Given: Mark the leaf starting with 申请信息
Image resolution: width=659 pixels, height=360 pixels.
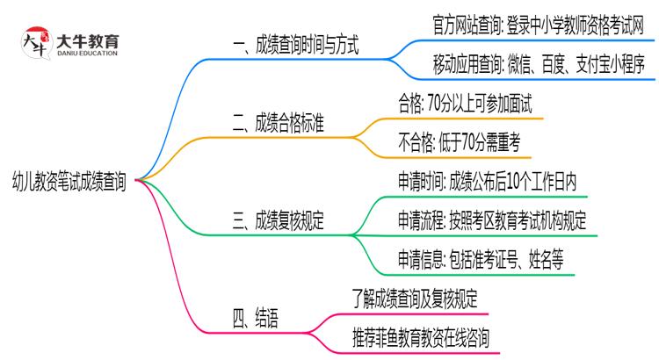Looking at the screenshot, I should [x=480, y=260].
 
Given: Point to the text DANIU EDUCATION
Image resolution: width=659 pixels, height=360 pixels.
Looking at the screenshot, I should [x=86, y=54].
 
